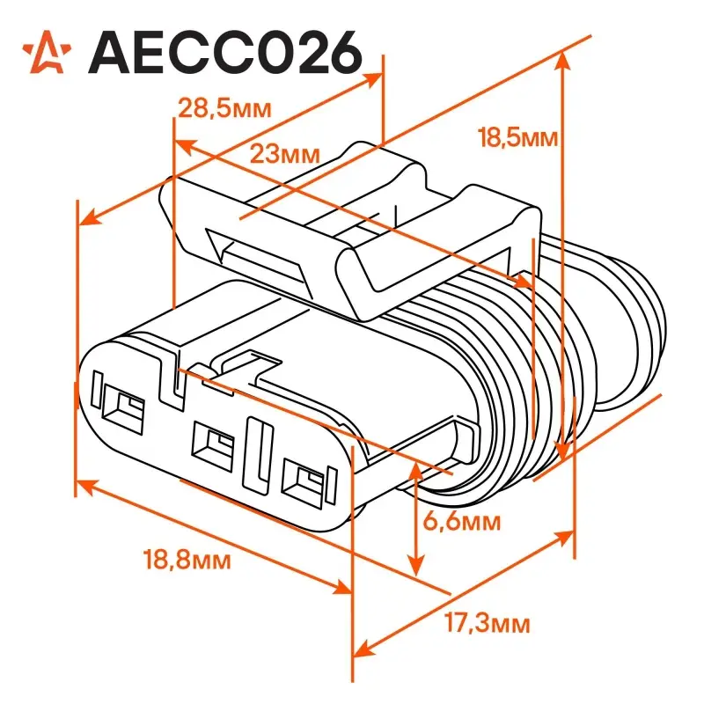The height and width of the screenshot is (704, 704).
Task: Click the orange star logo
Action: [x=48, y=52]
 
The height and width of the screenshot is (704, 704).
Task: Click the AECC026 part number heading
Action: [x=225, y=53]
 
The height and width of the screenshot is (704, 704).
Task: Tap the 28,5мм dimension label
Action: [x=225, y=108]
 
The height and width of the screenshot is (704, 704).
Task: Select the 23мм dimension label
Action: [x=284, y=153]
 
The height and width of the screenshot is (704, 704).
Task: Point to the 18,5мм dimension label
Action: [x=517, y=137]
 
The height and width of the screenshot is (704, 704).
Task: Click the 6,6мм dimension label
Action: [x=461, y=521]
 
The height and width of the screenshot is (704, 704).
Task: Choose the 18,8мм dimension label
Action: [x=187, y=560]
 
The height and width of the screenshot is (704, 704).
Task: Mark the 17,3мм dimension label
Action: [x=488, y=623]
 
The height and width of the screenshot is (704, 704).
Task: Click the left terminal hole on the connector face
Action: [x=123, y=409]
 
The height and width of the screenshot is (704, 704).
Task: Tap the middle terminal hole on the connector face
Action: [x=213, y=446]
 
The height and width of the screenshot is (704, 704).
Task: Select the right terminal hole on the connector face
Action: [x=304, y=483]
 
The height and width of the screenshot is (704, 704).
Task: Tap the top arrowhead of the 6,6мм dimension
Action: [x=416, y=472]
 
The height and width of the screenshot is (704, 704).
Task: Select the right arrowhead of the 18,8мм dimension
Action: [x=342, y=586]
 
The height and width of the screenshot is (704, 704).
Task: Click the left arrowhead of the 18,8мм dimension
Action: [x=85, y=486]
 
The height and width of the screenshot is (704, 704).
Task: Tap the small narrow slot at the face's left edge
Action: [x=97, y=389]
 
